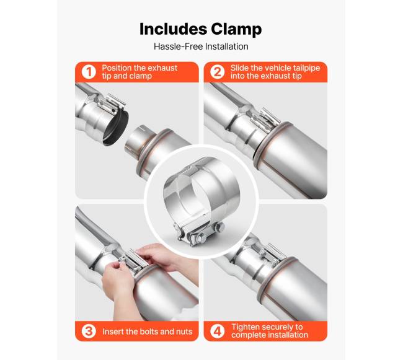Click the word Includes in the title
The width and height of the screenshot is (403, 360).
pyautogui.click(x=173, y=29)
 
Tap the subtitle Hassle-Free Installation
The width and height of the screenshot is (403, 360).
pyautogui.click(x=201, y=46)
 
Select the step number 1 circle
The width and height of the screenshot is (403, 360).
pyautogui.click(x=89, y=72)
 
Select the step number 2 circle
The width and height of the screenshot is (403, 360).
pyautogui.click(x=217, y=72)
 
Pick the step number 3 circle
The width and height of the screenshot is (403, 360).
pyautogui.click(x=89, y=331)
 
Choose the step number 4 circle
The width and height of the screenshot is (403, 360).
pyautogui.click(x=217, y=331)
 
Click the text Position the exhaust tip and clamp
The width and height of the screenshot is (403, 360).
pyautogui.click(x=139, y=72)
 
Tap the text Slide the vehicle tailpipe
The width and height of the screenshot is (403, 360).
pyautogui.click(x=275, y=68)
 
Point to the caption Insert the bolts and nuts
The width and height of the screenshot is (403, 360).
pyautogui.click(x=148, y=331)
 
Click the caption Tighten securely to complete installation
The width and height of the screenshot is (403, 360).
pyautogui.click(x=270, y=331)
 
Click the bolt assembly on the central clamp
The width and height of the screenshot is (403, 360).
pyautogui.click(x=198, y=234)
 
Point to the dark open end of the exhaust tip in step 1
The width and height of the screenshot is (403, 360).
pyautogui.click(x=116, y=128)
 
